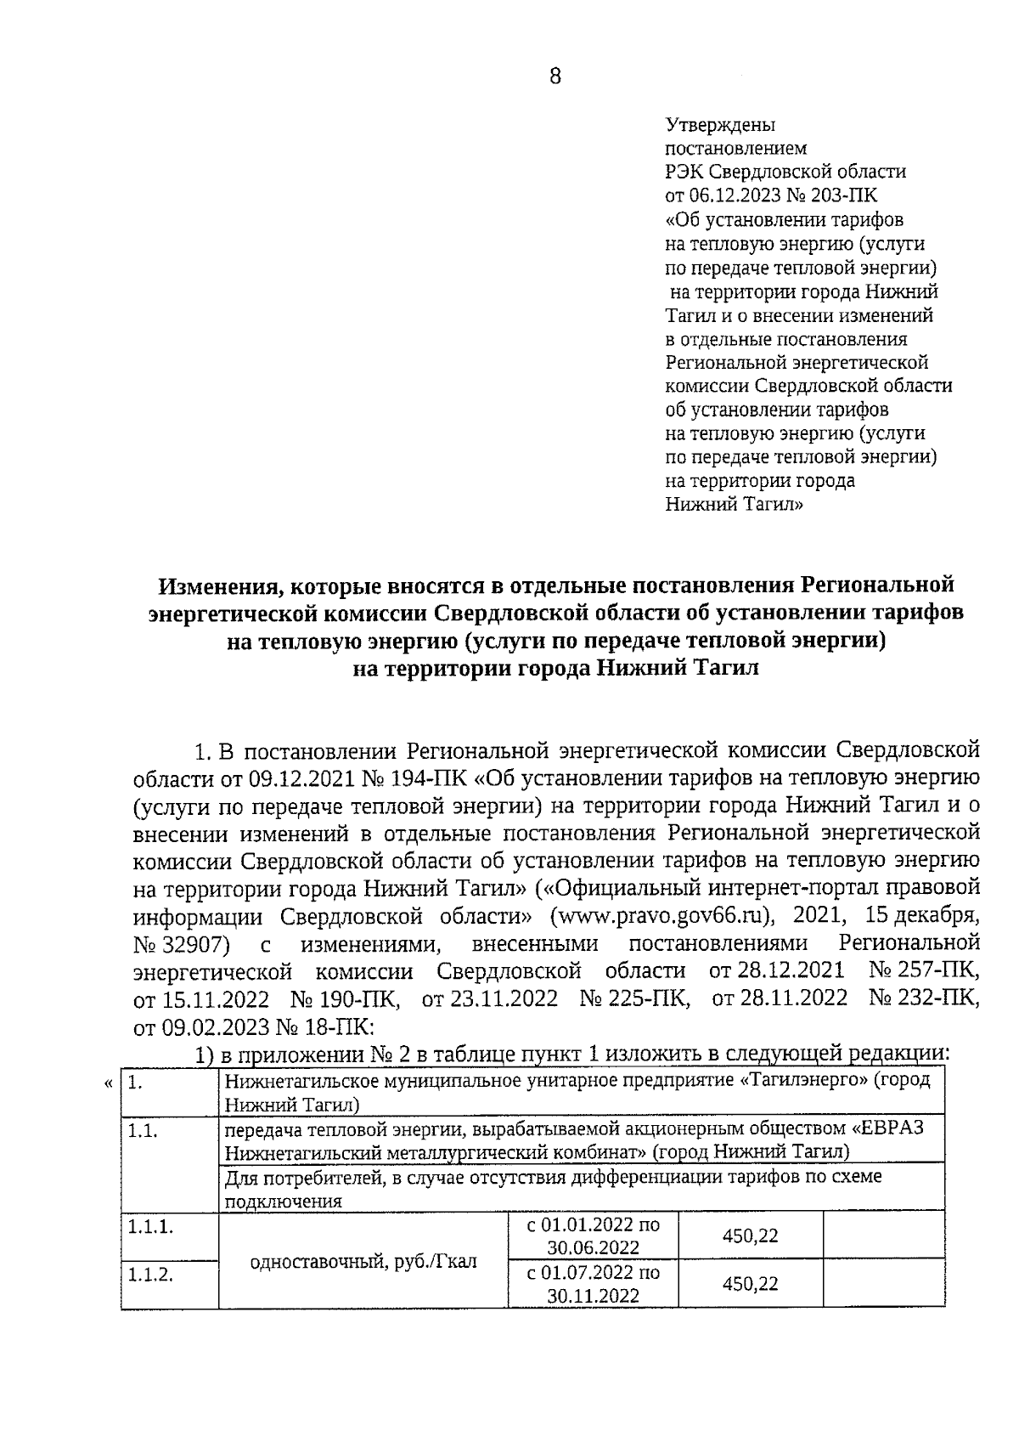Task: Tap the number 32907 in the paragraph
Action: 193,945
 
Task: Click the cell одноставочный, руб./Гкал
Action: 363,1262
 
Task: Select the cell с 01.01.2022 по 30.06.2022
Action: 593,1236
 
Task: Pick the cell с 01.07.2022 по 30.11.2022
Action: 593,1284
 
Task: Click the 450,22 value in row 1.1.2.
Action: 750,1284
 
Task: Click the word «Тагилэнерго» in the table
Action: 797,1080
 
